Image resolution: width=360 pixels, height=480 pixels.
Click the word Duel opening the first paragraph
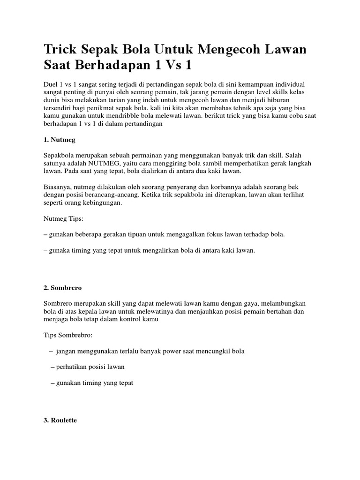click(x=51, y=83)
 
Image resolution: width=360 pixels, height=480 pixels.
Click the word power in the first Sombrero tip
click(x=183, y=351)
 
